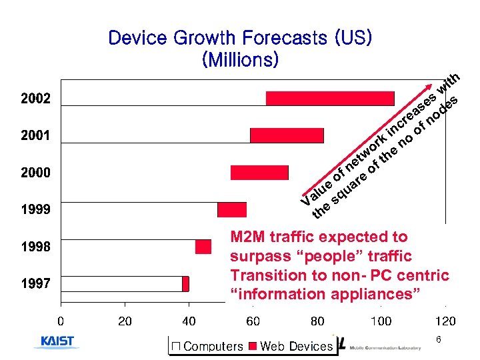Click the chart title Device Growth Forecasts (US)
click(240, 37)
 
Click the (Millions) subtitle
click(240, 60)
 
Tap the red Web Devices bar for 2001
click(287, 135)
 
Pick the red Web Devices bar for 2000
click(259, 173)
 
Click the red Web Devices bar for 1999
click(232, 209)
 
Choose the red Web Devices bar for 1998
click(203, 247)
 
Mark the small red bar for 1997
click(185, 284)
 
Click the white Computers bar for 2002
click(163, 98)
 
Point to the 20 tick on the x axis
click(125, 321)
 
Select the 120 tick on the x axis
click(445, 321)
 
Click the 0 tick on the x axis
click(61, 321)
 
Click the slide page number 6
click(439, 340)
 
